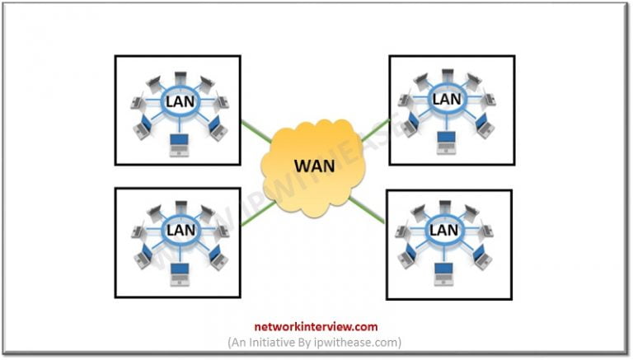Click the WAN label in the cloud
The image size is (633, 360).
click(314, 165)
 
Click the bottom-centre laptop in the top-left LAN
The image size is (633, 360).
click(178, 145)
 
